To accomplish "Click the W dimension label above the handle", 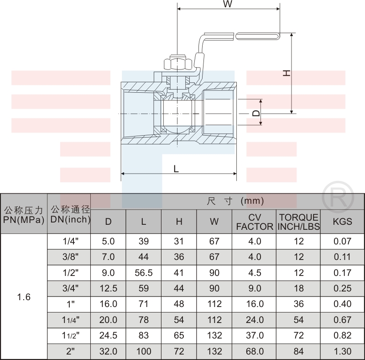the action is (227, 4).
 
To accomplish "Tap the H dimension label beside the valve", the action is (287, 73).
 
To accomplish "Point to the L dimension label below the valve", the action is (176, 169).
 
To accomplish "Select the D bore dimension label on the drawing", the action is (256, 113).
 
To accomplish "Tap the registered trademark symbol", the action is (338, 197).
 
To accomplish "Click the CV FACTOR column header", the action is (255, 222).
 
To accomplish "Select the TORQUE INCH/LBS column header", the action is (299, 222).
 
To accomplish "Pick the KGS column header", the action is (342, 222).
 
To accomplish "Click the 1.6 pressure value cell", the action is (24, 297).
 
